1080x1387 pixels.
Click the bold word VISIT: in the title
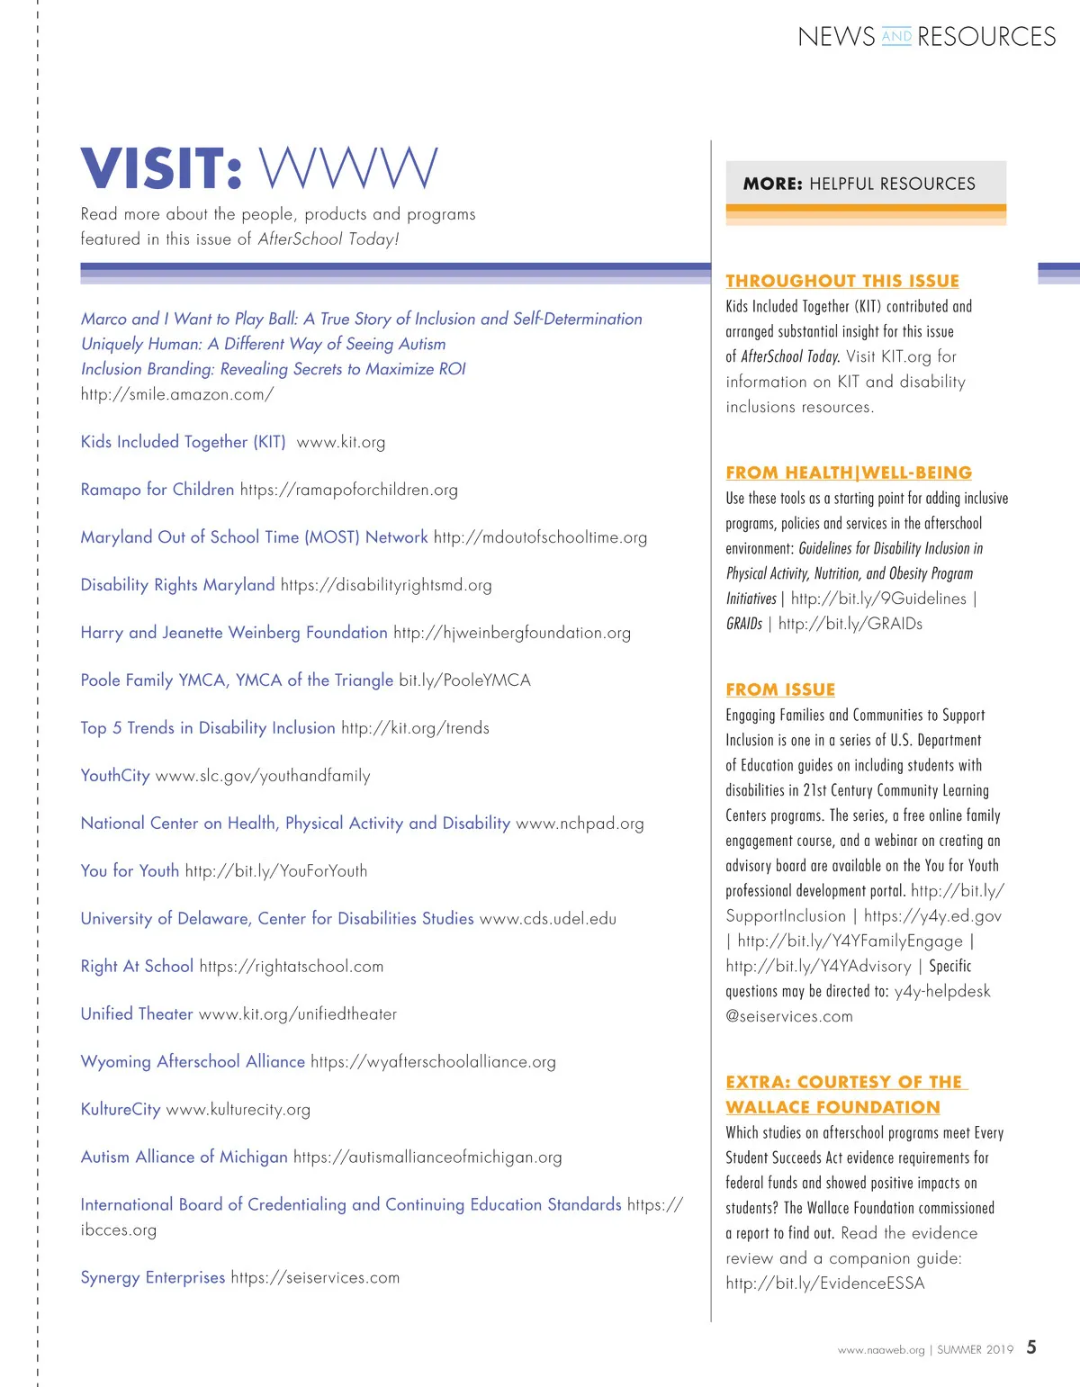[162, 168]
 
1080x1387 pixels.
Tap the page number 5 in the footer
[1031, 1347]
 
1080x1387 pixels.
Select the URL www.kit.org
[341, 442]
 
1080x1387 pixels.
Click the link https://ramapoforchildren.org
[349, 490]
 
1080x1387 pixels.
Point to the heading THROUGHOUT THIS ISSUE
[842, 281]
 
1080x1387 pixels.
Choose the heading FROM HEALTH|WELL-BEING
[849, 473]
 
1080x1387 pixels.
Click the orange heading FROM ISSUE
[780, 689]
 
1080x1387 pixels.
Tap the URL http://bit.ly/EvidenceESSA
[825, 1283]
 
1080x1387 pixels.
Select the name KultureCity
[121, 1109]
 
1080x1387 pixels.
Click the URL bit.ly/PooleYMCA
[464, 680]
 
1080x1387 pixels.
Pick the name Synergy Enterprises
[153, 1277]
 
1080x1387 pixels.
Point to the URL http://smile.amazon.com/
[177, 394]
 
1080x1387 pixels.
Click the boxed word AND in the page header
[896, 36]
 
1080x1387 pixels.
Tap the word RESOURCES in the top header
[986, 37]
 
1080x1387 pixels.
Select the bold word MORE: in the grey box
[772, 184]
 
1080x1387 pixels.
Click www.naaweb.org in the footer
[881, 1350]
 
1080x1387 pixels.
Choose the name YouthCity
[115, 776]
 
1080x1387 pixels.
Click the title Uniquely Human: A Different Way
[263, 344]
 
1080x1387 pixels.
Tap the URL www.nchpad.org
[580, 824]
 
